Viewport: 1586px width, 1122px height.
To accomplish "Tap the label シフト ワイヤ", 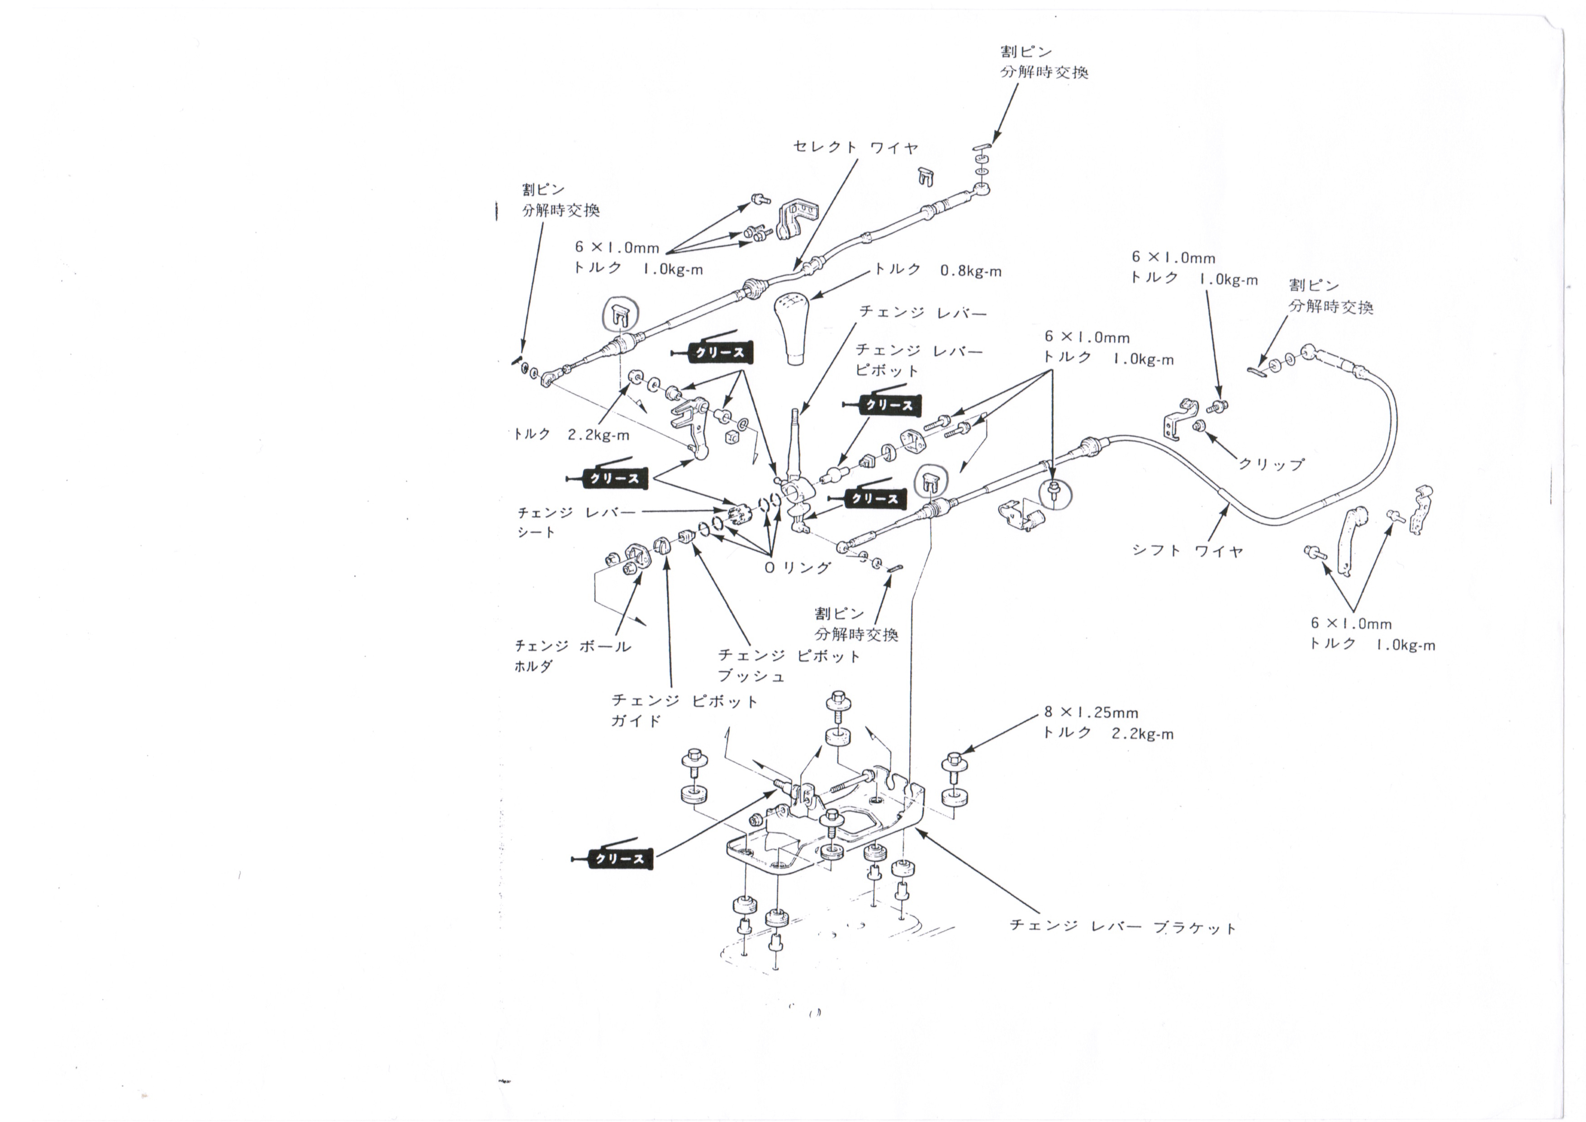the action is click(x=1187, y=551).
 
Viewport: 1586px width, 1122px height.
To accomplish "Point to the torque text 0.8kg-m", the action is click(x=970, y=271).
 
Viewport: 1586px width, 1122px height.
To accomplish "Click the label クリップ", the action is click(x=1271, y=464).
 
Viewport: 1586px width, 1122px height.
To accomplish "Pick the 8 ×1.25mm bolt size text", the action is click(x=1091, y=712).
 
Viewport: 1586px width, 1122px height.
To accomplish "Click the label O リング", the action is click(x=797, y=567).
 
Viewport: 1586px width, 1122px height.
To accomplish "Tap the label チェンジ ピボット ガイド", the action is click(x=684, y=710).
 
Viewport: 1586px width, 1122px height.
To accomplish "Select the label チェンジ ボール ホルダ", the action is click(x=573, y=656).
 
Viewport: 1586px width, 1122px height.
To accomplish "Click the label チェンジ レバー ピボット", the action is click(x=919, y=360).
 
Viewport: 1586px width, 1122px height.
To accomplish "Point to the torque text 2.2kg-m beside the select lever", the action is click(x=598, y=435).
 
